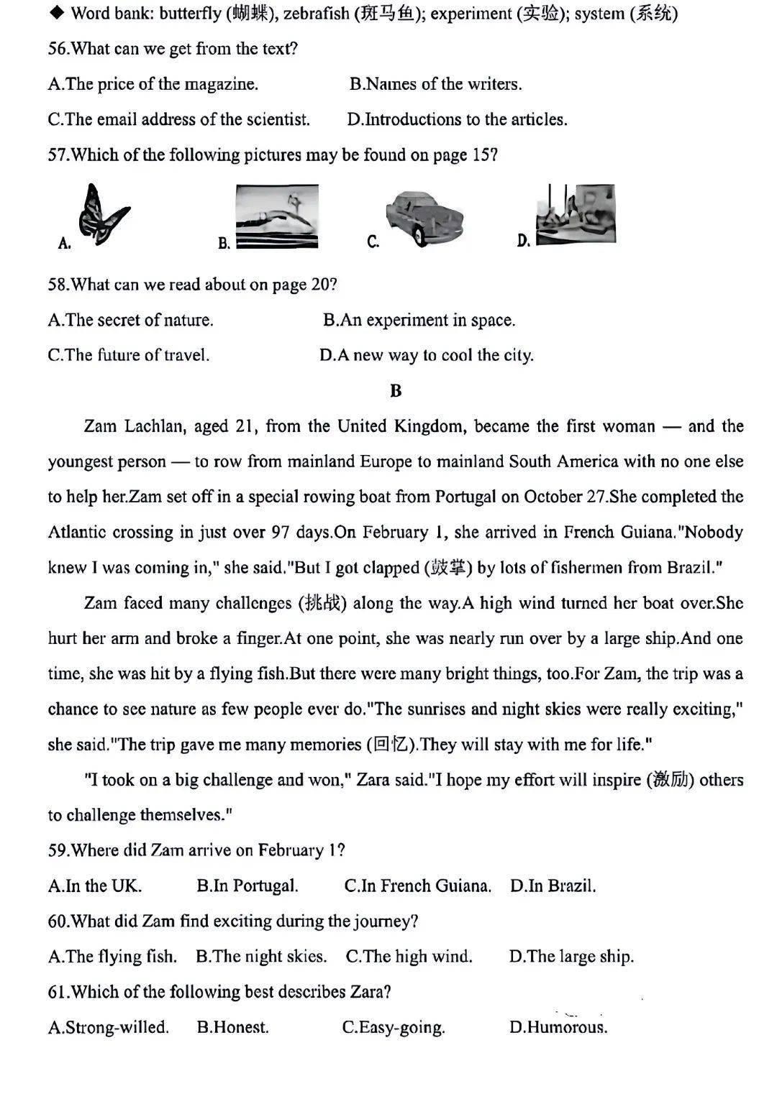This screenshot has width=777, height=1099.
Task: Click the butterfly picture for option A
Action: click(x=103, y=214)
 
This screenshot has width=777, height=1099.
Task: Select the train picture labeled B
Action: click(x=277, y=216)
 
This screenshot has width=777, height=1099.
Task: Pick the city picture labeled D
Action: click(x=576, y=214)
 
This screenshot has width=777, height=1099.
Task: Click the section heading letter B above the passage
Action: click(x=396, y=391)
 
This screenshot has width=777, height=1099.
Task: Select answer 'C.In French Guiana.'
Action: click(x=417, y=886)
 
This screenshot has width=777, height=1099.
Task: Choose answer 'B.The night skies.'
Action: click(x=261, y=957)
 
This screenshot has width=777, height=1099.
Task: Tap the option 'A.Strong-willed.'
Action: click(x=109, y=1028)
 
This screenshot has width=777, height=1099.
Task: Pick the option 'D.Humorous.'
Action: click(x=558, y=1028)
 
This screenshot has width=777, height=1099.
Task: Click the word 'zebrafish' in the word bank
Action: click(x=316, y=14)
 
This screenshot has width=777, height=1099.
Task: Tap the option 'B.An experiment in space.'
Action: click(x=419, y=321)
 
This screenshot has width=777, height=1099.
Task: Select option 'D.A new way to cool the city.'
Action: click(x=427, y=356)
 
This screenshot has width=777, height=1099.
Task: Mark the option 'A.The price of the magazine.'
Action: click(x=153, y=84)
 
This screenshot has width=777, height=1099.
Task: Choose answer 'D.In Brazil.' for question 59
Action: click(x=553, y=886)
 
